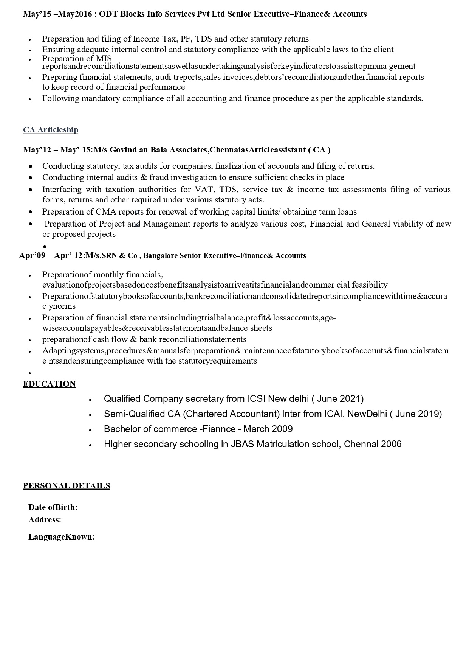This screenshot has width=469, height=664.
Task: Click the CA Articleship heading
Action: pyautogui.click(x=51, y=130)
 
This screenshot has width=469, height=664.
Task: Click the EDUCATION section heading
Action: pyautogui.click(x=49, y=384)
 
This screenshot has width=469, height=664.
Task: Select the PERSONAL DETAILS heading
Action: pyautogui.click(x=67, y=486)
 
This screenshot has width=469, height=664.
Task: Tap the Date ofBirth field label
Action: pyautogui.click(x=53, y=507)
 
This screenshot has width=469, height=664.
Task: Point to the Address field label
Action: pyautogui.click(x=45, y=520)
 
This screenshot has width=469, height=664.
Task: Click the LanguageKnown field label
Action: pyautogui.click(x=61, y=537)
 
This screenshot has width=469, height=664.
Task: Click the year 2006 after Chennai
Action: pyautogui.click(x=391, y=444)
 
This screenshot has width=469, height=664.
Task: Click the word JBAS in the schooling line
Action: pyautogui.click(x=243, y=444)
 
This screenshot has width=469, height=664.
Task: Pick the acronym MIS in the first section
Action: pyautogui.click(x=104, y=59)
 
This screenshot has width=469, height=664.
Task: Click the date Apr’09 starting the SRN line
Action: pyautogui.click(x=32, y=256)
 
